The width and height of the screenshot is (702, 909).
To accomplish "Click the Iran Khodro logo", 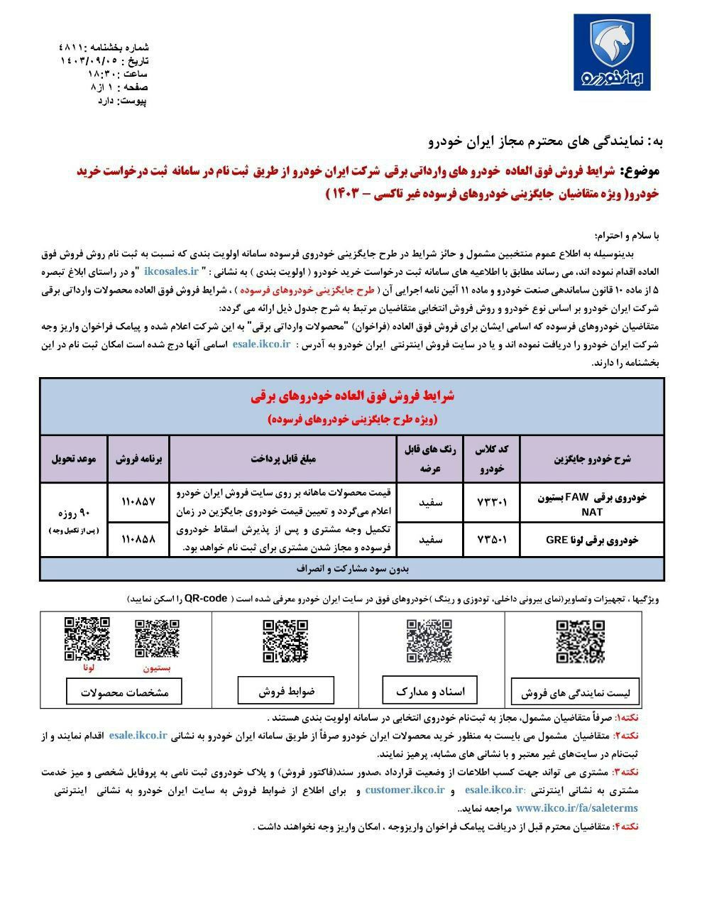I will [612, 55].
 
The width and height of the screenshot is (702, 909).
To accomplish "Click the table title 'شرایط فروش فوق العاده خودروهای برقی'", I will [352, 397].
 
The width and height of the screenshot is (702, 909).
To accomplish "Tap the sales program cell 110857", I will [138, 501].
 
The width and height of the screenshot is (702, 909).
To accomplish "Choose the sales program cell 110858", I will [138, 539].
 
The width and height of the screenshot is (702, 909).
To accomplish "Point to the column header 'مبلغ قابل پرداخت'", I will [283, 459].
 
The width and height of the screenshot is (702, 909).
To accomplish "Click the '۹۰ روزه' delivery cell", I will [74, 513].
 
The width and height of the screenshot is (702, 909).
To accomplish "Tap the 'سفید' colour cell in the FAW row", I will [431, 503].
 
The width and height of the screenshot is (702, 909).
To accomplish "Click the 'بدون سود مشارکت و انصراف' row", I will [352, 569].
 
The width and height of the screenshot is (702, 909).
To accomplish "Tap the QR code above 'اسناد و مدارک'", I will [429, 641].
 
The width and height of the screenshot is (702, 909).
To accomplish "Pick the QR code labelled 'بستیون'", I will [157, 639].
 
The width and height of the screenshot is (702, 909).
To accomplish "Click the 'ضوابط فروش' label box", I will [286, 690].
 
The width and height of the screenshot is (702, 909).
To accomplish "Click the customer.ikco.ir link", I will [405, 790].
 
